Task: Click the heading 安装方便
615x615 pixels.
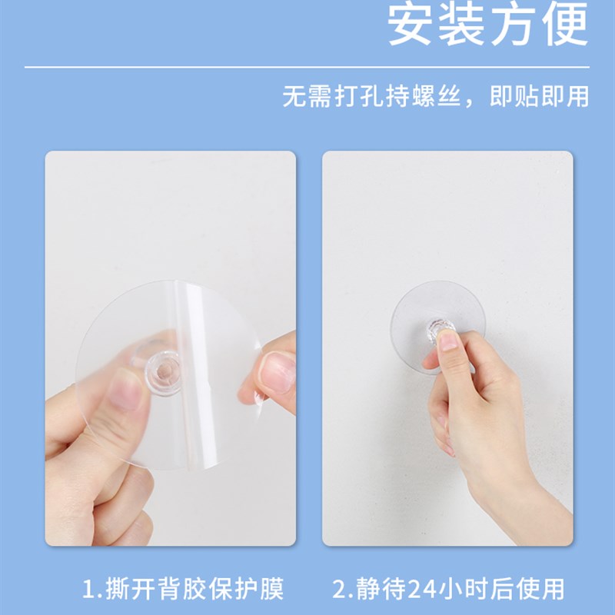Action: (x=487, y=25)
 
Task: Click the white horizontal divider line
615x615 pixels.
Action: (x=307, y=68)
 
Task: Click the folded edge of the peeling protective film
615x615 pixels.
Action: (x=185, y=338)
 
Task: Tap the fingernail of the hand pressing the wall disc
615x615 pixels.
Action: (x=448, y=341)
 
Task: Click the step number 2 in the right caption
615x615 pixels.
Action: (x=339, y=590)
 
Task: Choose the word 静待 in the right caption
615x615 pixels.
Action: (x=377, y=590)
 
